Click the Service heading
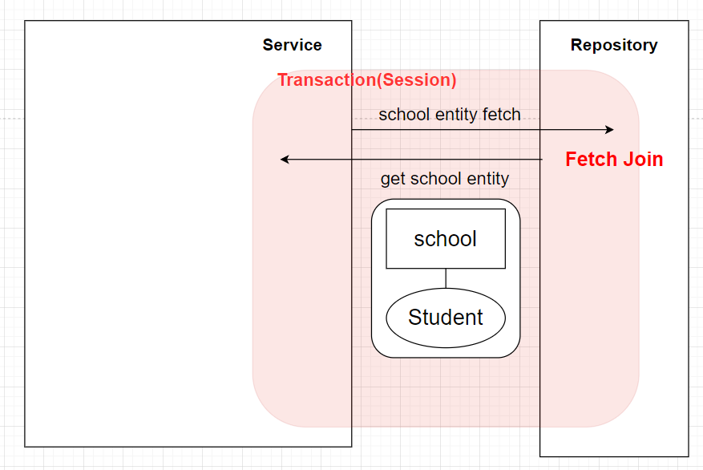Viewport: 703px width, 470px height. click(x=292, y=45)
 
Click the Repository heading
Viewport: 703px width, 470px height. click(x=614, y=45)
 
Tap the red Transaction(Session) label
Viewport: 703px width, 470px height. click(x=367, y=80)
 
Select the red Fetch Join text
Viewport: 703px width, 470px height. click(x=614, y=160)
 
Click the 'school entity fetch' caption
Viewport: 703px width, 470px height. click(x=450, y=115)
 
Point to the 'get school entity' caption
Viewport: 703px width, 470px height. click(x=445, y=179)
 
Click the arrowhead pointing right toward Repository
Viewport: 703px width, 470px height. click(x=609, y=130)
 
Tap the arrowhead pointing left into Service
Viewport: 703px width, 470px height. click(x=285, y=160)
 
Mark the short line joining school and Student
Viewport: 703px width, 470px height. click(x=446, y=278)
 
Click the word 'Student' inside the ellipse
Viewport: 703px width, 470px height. click(x=446, y=317)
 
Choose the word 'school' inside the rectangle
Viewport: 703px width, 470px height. click(x=445, y=238)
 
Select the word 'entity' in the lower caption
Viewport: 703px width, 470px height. click(x=488, y=179)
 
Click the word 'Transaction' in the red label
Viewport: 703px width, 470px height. click(x=327, y=80)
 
